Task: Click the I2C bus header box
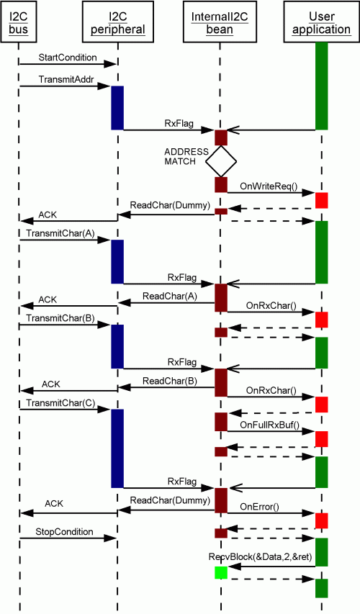pyautogui.click(x=19, y=22)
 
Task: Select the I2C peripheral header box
pyautogui.click(x=117, y=22)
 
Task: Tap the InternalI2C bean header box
pyautogui.click(x=220, y=22)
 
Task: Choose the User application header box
pyautogui.click(x=321, y=22)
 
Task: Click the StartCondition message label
pyautogui.click(x=68, y=57)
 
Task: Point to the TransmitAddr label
pyautogui.click(x=66, y=79)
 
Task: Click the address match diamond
pyautogui.click(x=221, y=161)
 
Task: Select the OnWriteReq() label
pyautogui.click(x=269, y=186)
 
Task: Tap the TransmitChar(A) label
pyautogui.click(x=60, y=233)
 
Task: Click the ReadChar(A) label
pyautogui.click(x=170, y=296)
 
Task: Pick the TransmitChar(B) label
pyautogui.click(x=60, y=317)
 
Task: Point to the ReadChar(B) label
pyautogui.click(x=170, y=380)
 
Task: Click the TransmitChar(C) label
pyautogui.click(x=60, y=402)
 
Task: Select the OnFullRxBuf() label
pyautogui.click(x=269, y=425)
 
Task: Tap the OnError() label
pyautogui.click(x=259, y=506)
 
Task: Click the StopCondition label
pyautogui.click(x=64, y=531)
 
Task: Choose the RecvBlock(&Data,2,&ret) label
pyautogui.click(x=260, y=556)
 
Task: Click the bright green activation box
pyautogui.click(x=221, y=572)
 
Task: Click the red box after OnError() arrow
pyautogui.click(x=322, y=521)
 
